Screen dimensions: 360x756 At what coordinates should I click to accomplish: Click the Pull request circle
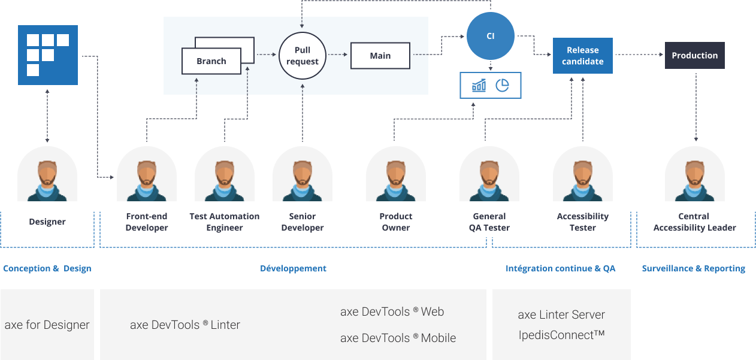coord(303,56)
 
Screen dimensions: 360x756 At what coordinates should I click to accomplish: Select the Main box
coord(380,56)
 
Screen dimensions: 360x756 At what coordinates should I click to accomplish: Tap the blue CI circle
coord(490,37)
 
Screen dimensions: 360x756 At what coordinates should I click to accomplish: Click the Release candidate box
coord(582,56)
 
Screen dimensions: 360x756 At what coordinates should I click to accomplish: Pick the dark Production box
coord(694,55)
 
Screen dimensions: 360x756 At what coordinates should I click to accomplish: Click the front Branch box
coord(211,61)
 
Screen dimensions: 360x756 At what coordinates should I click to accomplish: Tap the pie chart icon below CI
coord(502,86)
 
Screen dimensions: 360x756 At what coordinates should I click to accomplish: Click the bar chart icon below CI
coord(479,86)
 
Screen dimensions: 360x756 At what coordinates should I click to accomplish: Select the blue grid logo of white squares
coord(48,55)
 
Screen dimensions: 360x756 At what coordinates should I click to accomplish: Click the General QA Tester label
coord(489,222)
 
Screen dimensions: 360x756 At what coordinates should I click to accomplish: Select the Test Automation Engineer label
coord(225,222)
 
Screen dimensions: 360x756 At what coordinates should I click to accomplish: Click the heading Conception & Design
coord(47,268)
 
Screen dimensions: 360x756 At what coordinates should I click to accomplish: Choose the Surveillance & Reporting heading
coord(693,268)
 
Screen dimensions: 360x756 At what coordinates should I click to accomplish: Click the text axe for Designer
coord(47,325)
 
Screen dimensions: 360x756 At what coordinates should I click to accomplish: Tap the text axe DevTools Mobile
coord(398,338)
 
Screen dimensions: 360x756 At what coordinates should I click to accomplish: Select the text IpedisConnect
coord(561,335)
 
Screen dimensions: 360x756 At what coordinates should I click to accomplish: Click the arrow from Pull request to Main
coord(338,55)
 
